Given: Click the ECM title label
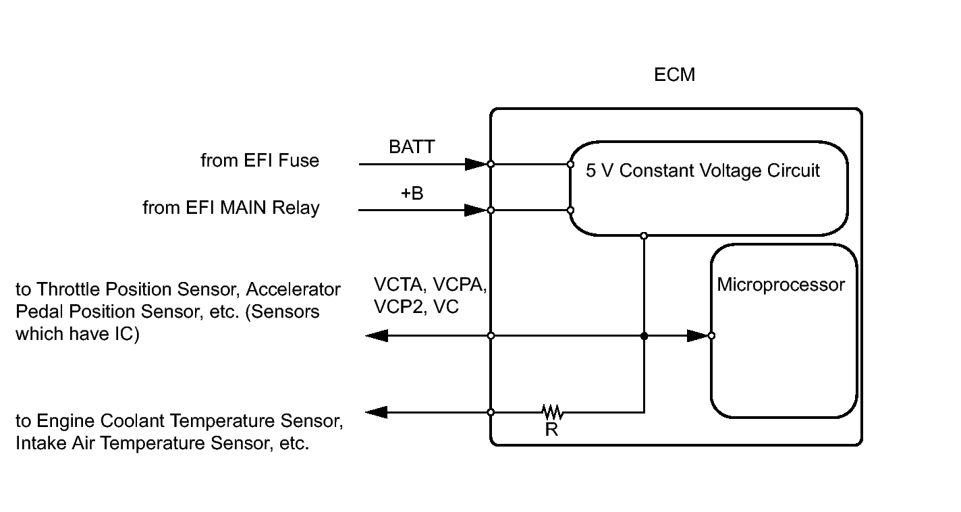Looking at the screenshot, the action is (674, 75).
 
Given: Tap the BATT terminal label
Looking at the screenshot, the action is (412, 146).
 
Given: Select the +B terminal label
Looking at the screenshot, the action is (412, 193).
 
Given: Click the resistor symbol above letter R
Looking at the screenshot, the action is (553, 411).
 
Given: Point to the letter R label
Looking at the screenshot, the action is (552, 429).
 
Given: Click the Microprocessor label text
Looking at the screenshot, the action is (781, 285).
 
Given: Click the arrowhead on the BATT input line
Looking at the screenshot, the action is (476, 164).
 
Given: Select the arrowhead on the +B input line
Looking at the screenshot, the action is (476, 210).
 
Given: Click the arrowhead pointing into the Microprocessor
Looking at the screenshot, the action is (698, 336).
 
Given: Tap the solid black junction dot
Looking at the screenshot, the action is (644, 336).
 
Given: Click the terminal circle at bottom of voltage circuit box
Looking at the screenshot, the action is (644, 236).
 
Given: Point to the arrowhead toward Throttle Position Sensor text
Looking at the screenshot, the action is (377, 336).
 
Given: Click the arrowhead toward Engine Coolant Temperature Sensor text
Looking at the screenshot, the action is (377, 412).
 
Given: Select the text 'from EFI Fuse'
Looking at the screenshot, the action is (260, 161).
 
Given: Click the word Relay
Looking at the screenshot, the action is (296, 208).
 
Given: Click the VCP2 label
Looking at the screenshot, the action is (400, 307).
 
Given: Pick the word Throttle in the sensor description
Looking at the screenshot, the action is (71, 289).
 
